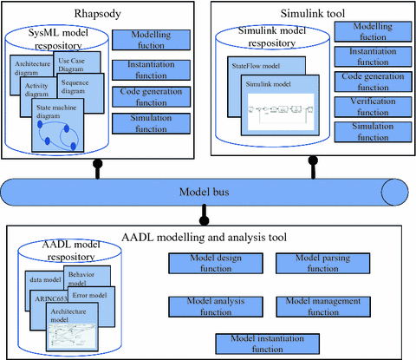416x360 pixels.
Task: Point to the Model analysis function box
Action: coord(209,305)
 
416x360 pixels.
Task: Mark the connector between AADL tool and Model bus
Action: coord(205,213)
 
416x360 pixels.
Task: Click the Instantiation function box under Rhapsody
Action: coord(147,69)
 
